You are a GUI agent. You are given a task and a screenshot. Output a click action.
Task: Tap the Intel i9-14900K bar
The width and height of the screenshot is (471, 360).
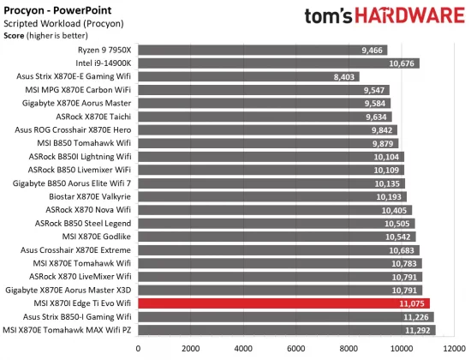click(x=274, y=63)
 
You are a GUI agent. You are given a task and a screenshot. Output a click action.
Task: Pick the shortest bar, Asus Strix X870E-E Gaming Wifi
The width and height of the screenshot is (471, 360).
click(x=248, y=76)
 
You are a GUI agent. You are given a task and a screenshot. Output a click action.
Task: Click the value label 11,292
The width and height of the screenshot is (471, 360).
click(x=416, y=329)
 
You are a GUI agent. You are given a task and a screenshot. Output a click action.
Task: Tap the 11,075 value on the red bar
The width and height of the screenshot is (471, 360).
click(x=411, y=303)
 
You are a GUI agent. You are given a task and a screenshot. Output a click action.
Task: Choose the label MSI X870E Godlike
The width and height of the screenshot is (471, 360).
click(x=97, y=236)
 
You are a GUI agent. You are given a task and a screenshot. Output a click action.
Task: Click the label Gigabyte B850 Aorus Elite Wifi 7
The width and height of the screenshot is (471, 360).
click(x=72, y=183)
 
